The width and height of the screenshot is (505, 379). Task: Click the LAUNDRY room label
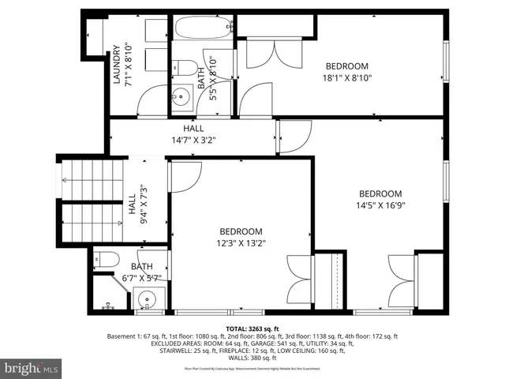pyautogui.click(x=122, y=64)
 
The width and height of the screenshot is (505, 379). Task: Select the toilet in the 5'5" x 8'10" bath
pyautogui.click(x=184, y=67)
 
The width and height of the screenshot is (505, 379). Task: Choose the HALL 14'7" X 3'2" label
pyautogui.click(x=193, y=134)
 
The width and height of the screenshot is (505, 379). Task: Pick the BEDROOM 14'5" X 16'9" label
pyautogui.click(x=380, y=199)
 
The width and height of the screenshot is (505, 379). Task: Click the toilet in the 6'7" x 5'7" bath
pyautogui.click(x=107, y=258)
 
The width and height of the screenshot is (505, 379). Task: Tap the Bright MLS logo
pyautogui.click(x=32, y=368)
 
